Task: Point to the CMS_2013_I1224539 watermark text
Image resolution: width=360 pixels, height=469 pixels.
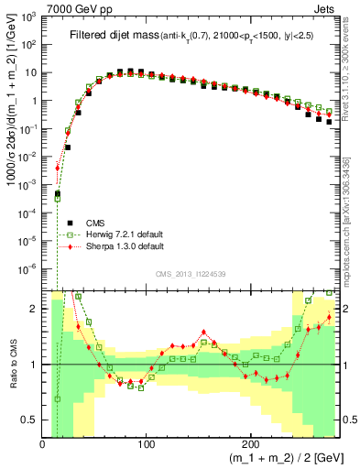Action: pyautogui.click(x=191, y=273)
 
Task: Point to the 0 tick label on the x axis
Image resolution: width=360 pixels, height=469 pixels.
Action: pyautogui.click(x=43, y=443)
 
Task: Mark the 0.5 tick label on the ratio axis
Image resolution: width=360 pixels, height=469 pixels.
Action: pyautogui.click(x=28, y=420)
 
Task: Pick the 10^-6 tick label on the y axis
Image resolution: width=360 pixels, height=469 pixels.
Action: pyautogui.click(x=28, y=269)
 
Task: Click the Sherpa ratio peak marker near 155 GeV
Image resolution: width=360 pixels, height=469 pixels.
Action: pyautogui.click(x=203, y=332)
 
